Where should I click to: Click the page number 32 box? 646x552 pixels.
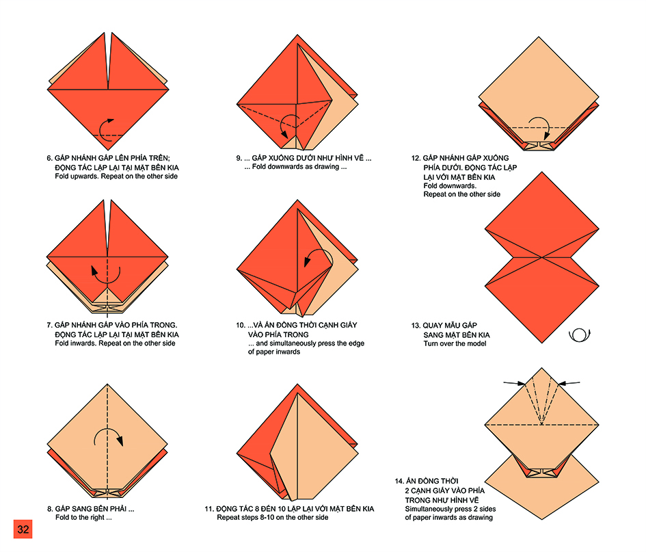tap(23, 529)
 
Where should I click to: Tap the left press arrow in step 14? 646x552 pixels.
tap(515, 384)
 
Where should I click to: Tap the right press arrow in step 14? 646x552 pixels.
tap(569, 384)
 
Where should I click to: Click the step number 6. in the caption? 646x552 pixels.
tap(49, 158)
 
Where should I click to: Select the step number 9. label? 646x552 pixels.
tap(239, 158)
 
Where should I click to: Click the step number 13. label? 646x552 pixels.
tap(416, 326)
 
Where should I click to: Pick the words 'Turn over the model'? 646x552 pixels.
tap(455, 344)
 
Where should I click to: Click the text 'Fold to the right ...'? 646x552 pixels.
tap(83, 517)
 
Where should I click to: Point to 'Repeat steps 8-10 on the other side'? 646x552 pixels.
tap(273, 517)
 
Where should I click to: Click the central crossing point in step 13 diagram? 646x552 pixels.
tap(542, 258)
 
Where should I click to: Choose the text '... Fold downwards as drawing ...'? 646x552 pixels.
tap(295, 166)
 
